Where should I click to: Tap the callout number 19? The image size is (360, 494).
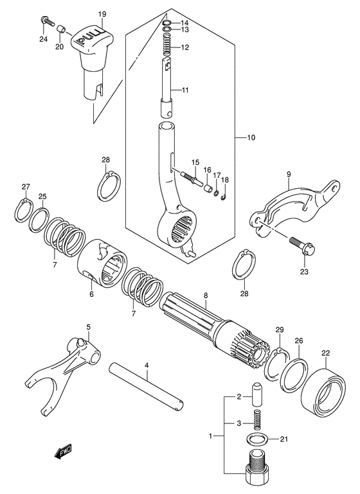coord(102,13)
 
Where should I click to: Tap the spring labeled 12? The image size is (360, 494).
coord(166,48)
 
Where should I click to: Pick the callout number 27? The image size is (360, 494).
coord(26,187)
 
